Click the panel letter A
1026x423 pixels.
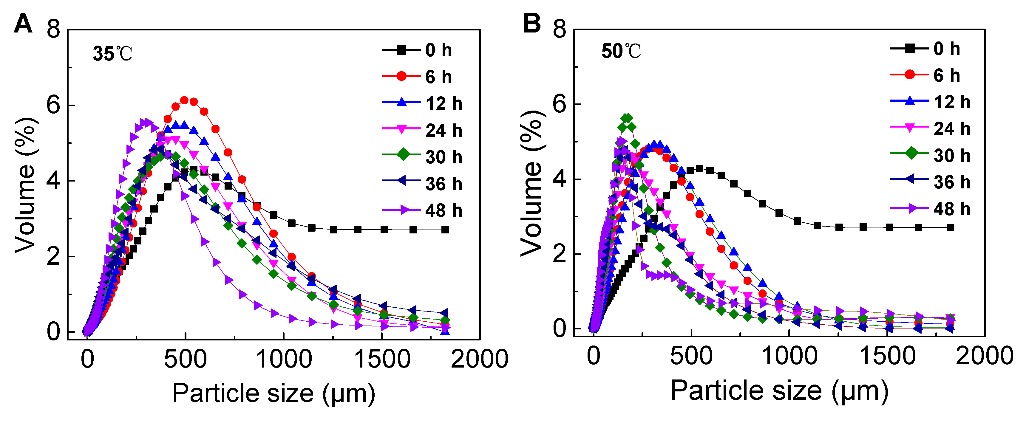coord(23,24)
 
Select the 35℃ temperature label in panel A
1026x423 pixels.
coord(112,54)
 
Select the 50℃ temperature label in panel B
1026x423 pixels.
coord(621,51)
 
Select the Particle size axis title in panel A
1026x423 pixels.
coord(274,393)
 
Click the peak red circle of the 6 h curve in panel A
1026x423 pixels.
coord(184,100)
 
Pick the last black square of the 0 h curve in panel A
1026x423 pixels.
coord(445,230)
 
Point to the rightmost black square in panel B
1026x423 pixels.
coord(950,227)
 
